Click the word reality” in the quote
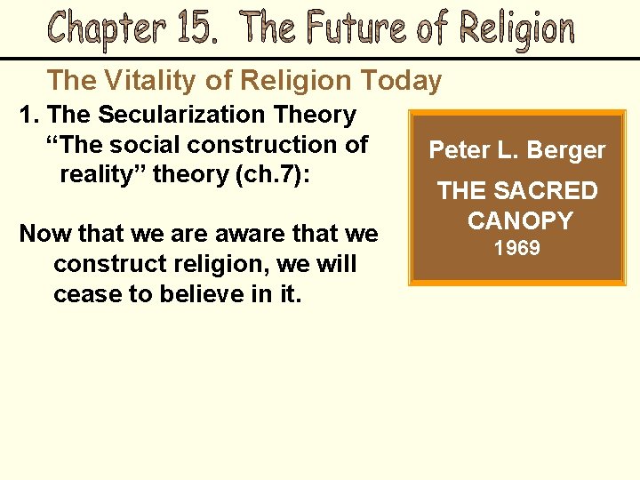103,173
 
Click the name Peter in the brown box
457,150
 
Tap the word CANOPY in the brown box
520,220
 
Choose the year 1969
517,248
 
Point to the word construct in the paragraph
105,264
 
